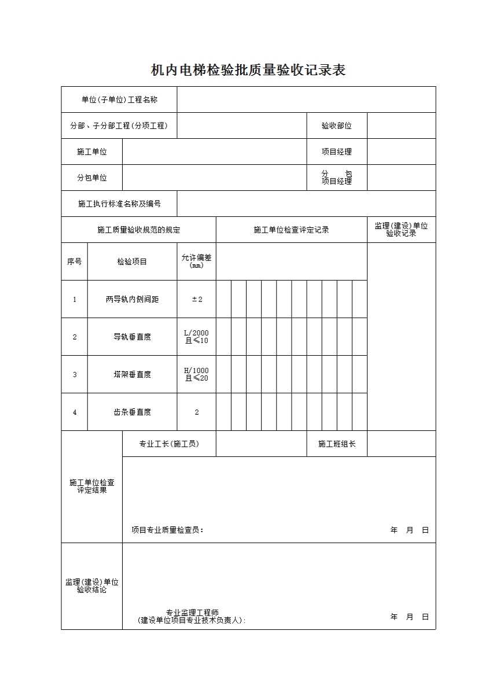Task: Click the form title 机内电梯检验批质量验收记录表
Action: pyautogui.click(x=248, y=71)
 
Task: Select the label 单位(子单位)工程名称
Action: pyautogui.click(x=119, y=99)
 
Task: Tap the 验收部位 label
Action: pyautogui.click(x=337, y=126)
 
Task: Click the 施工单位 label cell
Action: pyautogui.click(x=92, y=152)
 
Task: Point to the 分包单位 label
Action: pyautogui.click(x=92, y=178)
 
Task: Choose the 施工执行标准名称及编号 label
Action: pyautogui.click(x=119, y=204)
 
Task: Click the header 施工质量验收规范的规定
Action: pyautogui.click(x=139, y=230)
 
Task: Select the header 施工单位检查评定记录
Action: pyautogui.click(x=291, y=230)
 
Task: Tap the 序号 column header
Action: pyautogui.click(x=75, y=261)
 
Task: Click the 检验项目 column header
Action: pyautogui.click(x=132, y=261)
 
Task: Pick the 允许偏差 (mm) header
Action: pyautogui.click(x=197, y=261)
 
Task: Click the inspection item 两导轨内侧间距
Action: pyautogui.click(x=132, y=299)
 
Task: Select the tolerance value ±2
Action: pyautogui.click(x=197, y=299)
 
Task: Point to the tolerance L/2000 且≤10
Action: pyautogui.click(x=197, y=337)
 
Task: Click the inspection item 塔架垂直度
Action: pyautogui.click(x=132, y=374)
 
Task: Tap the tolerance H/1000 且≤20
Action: pyautogui.click(x=197, y=374)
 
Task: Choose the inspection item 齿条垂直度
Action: pyautogui.click(x=132, y=412)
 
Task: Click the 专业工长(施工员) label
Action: pyautogui.click(x=169, y=444)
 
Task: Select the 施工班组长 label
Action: pyautogui.click(x=337, y=444)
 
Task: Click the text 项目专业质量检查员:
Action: pyautogui.click(x=168, y=530)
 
